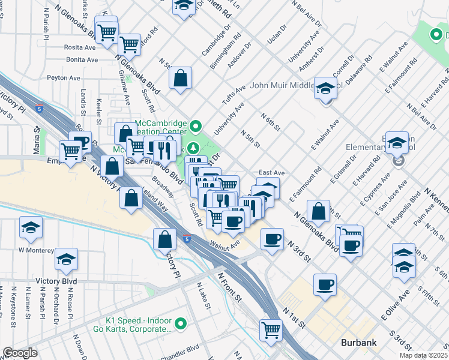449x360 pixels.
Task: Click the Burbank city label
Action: [358, 343]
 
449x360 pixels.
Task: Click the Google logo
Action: [20, 353]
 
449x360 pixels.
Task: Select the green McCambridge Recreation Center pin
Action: [196, 127]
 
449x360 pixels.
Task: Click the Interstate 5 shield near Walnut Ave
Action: [187, 239]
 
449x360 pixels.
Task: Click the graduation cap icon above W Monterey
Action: [31, 227]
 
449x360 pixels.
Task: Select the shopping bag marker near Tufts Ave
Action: [180, 78]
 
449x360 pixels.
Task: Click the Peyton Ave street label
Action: [64, 78]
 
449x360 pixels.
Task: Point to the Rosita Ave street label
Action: [81, 48]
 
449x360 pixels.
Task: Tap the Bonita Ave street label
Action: [82, 60]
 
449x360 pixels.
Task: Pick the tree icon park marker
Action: [193, 148]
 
